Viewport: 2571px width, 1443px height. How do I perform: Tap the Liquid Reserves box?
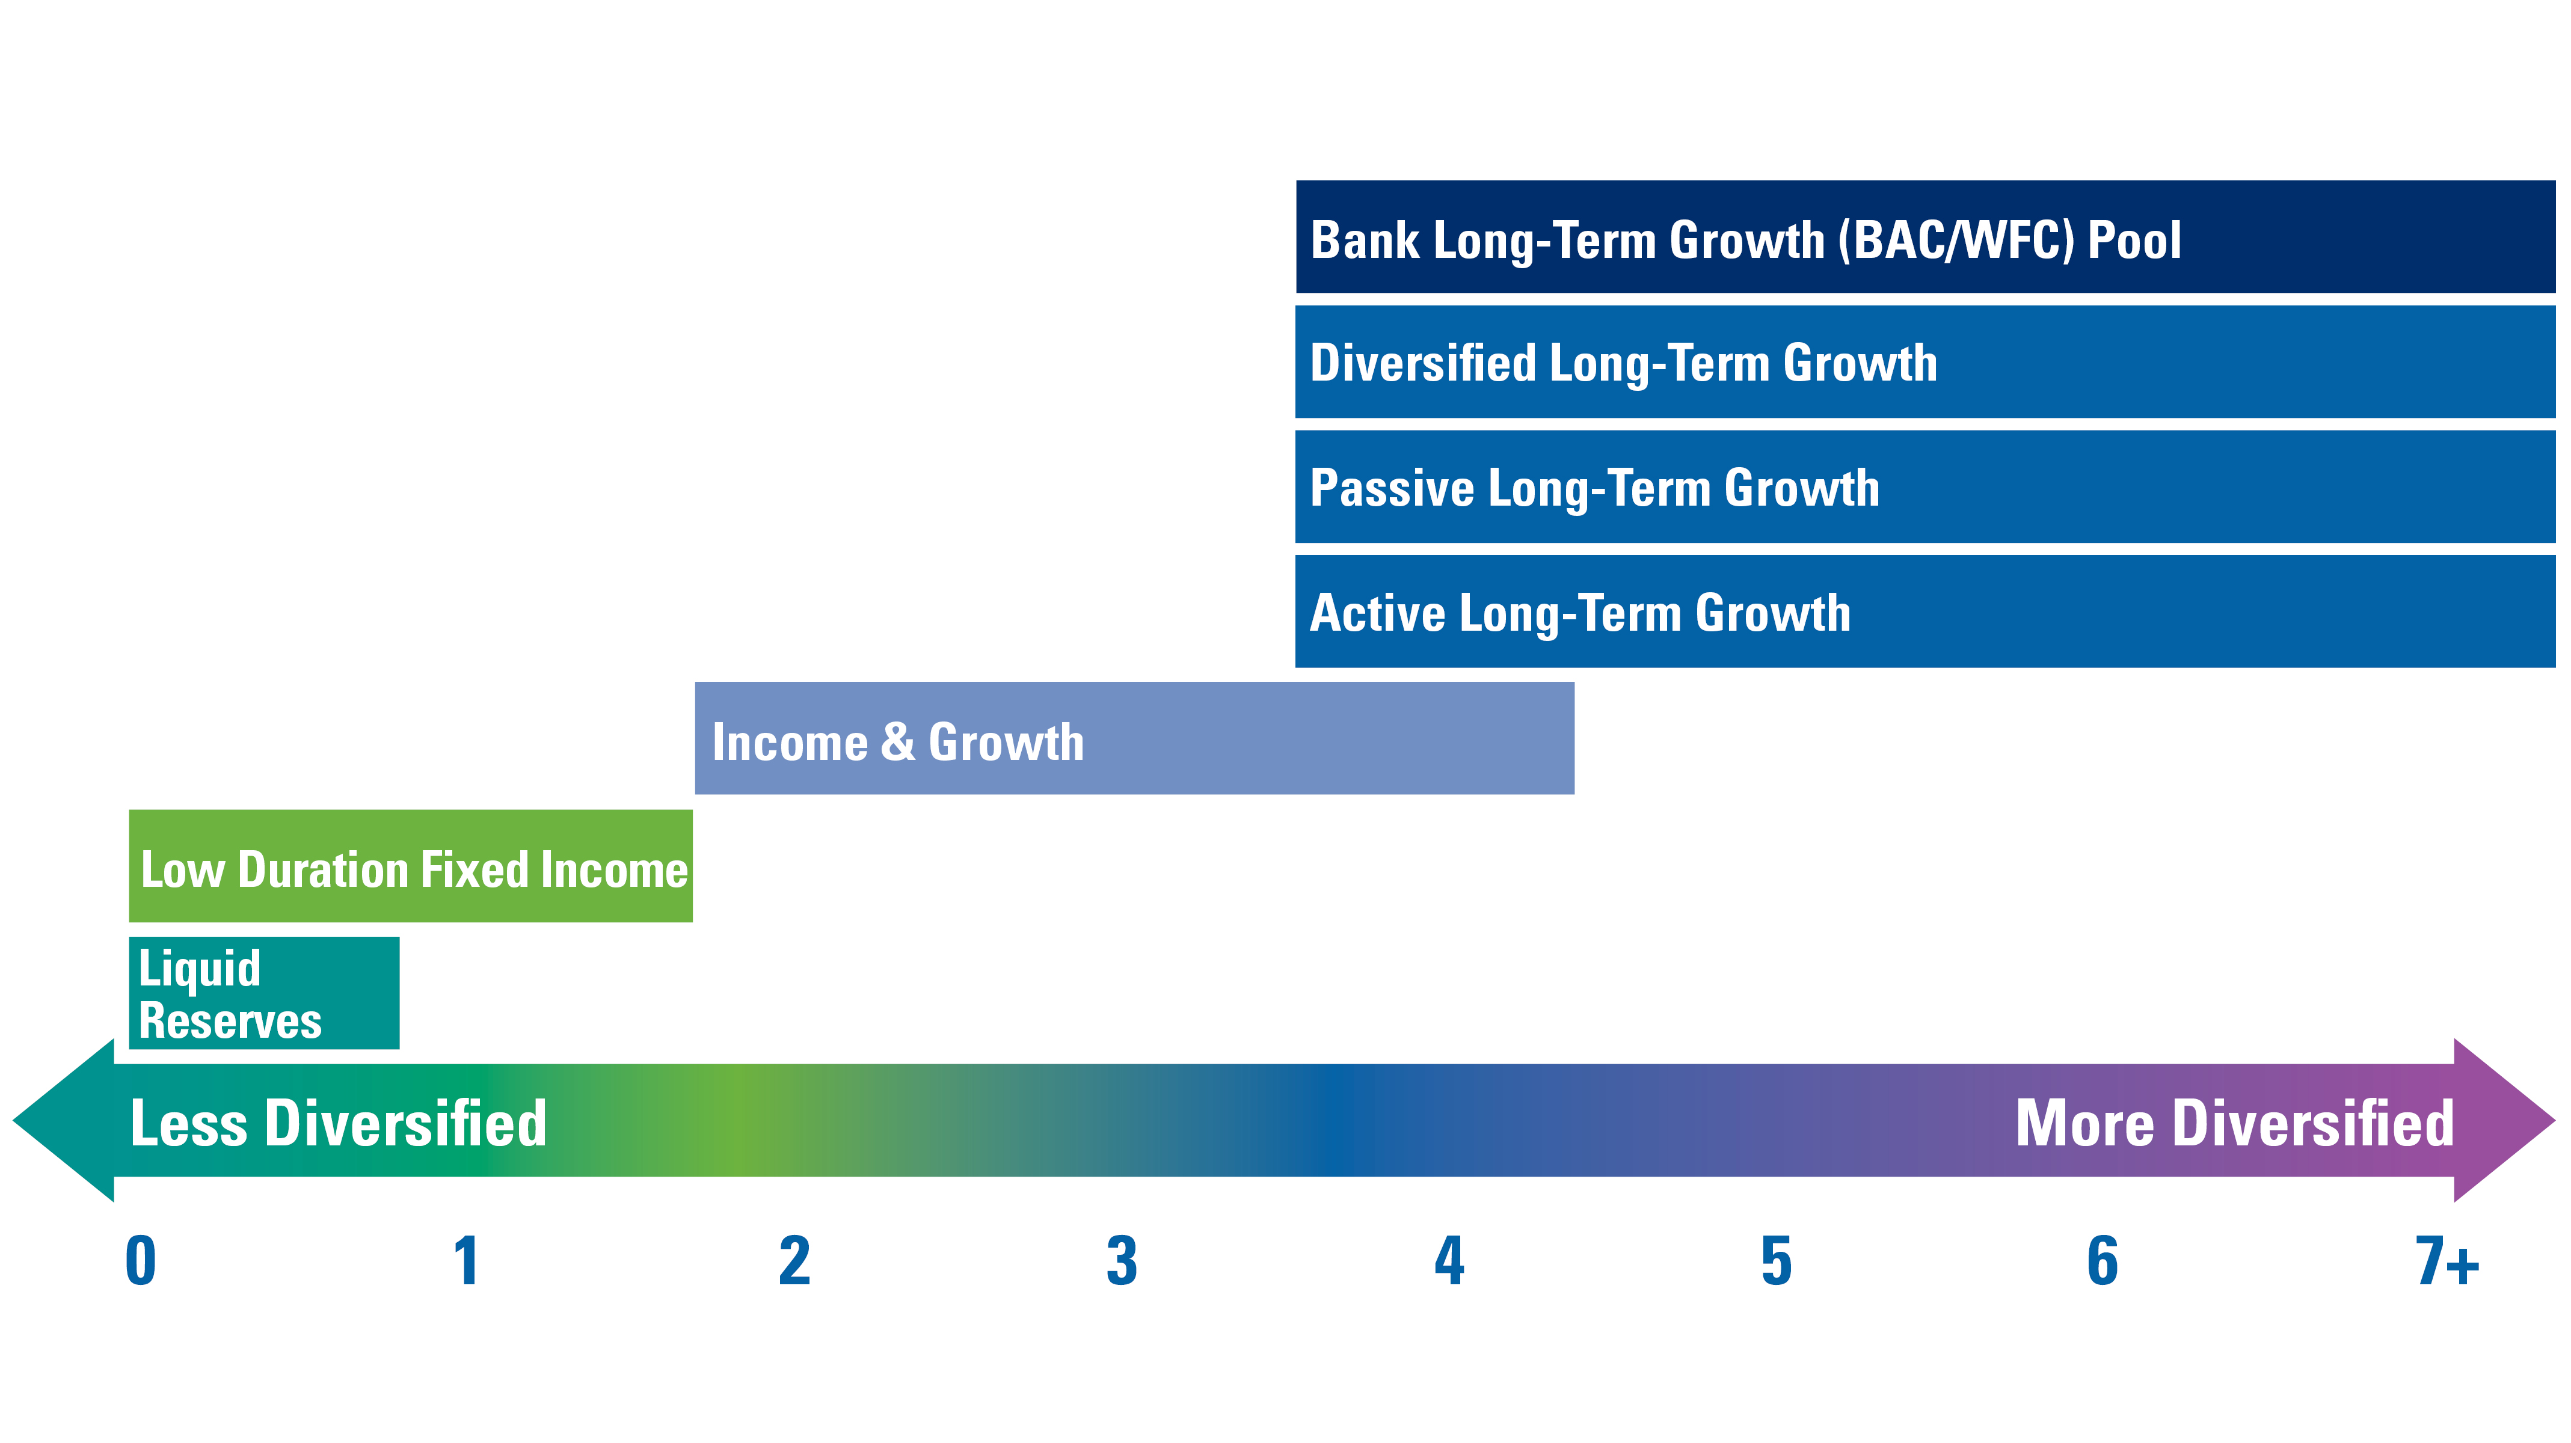[x=265, y=993]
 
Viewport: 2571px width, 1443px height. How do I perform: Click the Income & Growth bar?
[x=1135, y=738]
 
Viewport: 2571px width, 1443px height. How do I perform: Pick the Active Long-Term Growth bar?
[x=1925, y=611]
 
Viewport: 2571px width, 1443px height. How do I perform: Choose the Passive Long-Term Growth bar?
[x=1925, y=487]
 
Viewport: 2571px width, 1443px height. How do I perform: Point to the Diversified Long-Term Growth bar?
[x=1925, y=361]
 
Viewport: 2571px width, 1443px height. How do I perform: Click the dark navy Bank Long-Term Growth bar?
[x=1925, y=236]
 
